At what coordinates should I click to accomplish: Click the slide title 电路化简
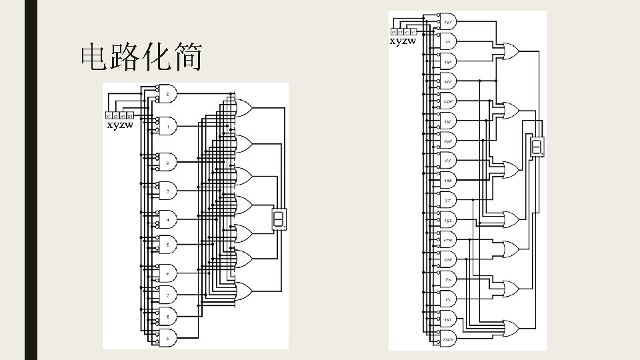tap(141, 58)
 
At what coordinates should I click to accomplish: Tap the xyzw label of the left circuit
tap(121, 125)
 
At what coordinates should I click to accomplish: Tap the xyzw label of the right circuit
tap(403, 41)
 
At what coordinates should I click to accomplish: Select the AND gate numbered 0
tap(167, 95)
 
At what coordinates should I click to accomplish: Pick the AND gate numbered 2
tap(167, 162)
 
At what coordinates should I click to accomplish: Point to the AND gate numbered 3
tap(167, 191)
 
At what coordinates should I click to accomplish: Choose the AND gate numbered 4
tap(167, 219)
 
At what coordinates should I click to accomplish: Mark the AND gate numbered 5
tap(167, 245)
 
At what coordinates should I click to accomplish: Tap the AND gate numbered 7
tap(167, 294)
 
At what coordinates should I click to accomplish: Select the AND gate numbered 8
tap(167, 315)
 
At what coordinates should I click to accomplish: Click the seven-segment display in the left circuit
tap(279, 219)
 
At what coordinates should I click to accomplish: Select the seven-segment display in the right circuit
tap(536, 148)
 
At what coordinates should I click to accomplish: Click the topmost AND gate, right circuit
tap(449, 21)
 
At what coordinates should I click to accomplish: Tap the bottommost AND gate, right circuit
tap(449, 339)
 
